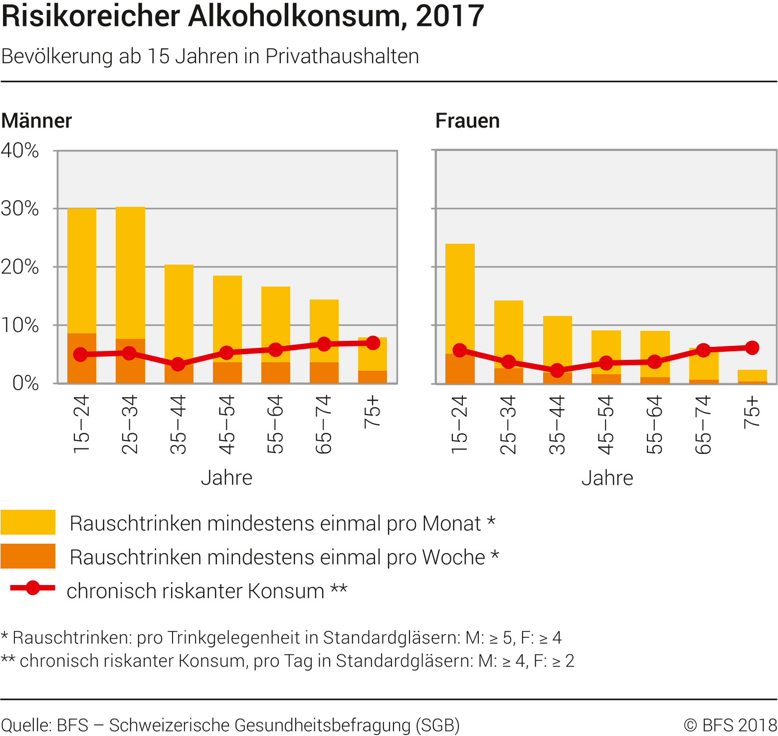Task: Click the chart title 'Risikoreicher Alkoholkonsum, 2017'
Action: click(x=242, y=16)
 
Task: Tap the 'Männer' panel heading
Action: click(x=36, y=121)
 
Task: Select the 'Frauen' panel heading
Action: click(x=467, y=121)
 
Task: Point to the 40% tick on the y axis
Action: click(x=20, y=150)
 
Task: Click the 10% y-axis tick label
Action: click(x=20, y=325)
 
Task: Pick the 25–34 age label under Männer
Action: click(x=130, y=424)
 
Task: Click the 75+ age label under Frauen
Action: click(x=752, y=412)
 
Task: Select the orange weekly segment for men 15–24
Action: click(x=82, y=369)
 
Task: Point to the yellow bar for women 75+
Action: click(x=752, y=375)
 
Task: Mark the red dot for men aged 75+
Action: click(x=373, y=343)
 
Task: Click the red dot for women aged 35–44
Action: click(x=557, y=370)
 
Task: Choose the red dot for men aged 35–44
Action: click(x=178, y=364)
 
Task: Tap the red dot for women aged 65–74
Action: click(x=703, y=350)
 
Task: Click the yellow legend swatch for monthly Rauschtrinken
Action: click(x=28, y=522)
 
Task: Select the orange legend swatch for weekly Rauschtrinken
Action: click(x=28, y=556)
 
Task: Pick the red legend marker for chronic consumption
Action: click(x=33, y=588)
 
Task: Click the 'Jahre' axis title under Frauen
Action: click(x=607, y=478)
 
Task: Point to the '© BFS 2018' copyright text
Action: click(x=730, y=725)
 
